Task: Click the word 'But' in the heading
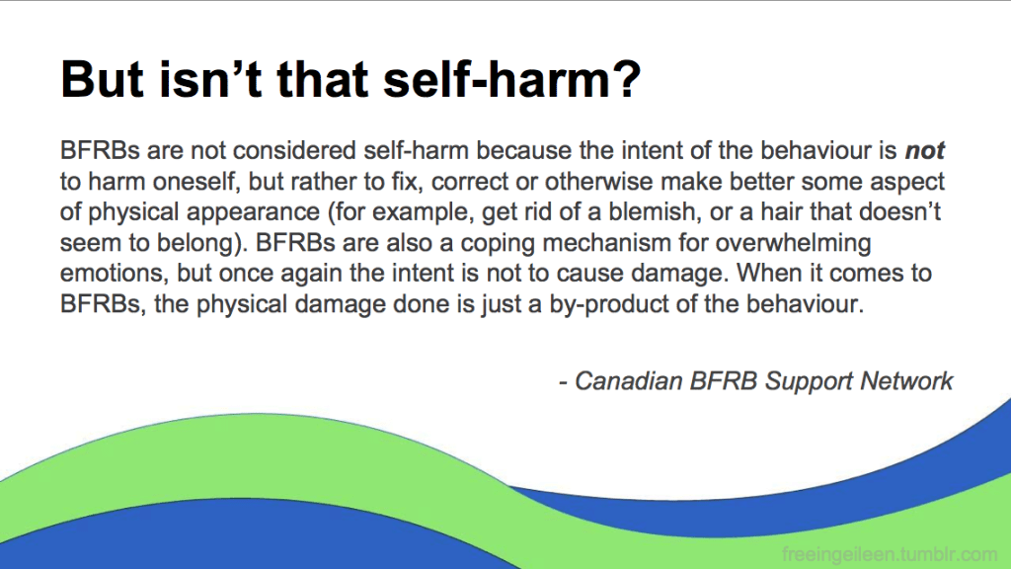103,79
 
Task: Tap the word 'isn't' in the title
210,79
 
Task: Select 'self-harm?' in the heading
512,79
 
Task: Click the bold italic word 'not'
925,151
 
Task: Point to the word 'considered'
294,151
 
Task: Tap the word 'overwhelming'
793,244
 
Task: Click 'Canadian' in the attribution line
628,381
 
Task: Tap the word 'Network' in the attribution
906,381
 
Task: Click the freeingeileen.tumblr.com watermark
890,554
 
